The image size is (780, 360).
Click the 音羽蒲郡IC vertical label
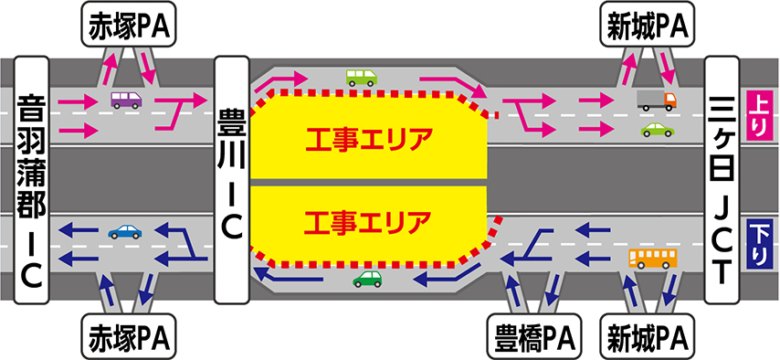coord(32,180)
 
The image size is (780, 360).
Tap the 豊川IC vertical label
coord(231,180)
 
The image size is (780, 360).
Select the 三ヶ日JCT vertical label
coord(722,180)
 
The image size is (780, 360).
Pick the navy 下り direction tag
coord(756,243)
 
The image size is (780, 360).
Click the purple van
coord(126,101)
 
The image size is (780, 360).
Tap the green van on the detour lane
coord(362,78)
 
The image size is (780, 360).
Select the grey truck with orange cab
coord(657,101)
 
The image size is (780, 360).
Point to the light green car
coord(657,130)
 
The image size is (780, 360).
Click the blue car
coord(125,231)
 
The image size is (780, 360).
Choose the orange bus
coord(653,259)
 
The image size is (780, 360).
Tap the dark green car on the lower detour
coord(367,279)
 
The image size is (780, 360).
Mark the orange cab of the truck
coord(670,101)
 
